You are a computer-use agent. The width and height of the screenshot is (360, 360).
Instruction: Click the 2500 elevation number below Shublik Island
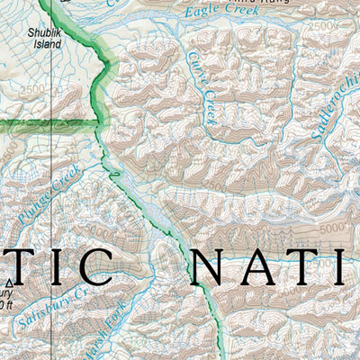click(30, 90)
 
